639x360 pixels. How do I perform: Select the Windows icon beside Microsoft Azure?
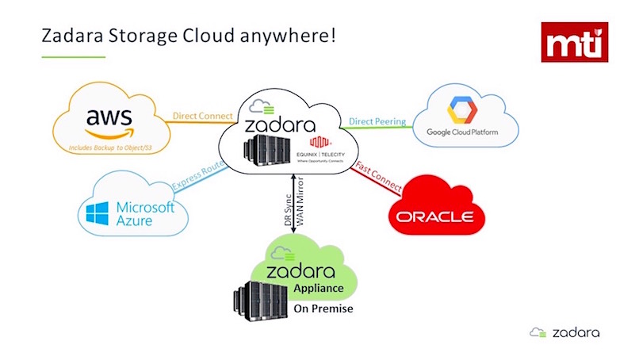coord(97,213)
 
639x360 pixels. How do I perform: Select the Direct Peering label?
coord(377,122)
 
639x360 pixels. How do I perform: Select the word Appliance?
coord(317,289)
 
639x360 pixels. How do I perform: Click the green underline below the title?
coord(73,56)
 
